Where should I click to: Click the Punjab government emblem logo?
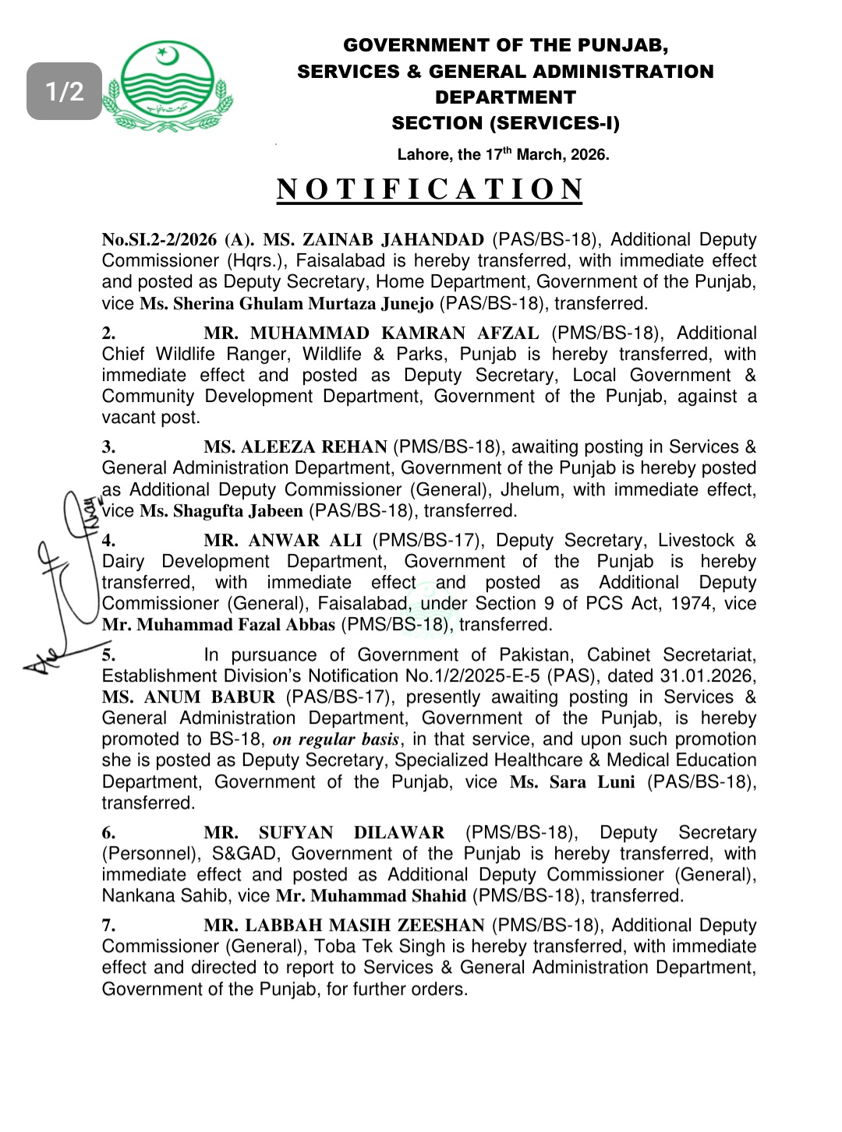(168, 86)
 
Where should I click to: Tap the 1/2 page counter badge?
(65, 91)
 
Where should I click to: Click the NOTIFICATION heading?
(430, 189)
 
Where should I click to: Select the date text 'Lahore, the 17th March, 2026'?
(503, 154)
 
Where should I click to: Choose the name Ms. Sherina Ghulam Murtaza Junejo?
(287, 303)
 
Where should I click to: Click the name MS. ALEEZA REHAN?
(295, 447)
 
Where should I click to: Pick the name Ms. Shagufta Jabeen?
(221, 511)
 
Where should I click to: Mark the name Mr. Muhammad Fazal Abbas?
(218, 625)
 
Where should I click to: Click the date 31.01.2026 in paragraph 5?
(706, 676)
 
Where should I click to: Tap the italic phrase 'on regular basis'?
(336, 739)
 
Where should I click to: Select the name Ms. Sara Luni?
(572, 781)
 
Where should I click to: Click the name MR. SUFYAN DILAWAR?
(324, 833)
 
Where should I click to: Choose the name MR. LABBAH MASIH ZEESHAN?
(344, 926)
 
